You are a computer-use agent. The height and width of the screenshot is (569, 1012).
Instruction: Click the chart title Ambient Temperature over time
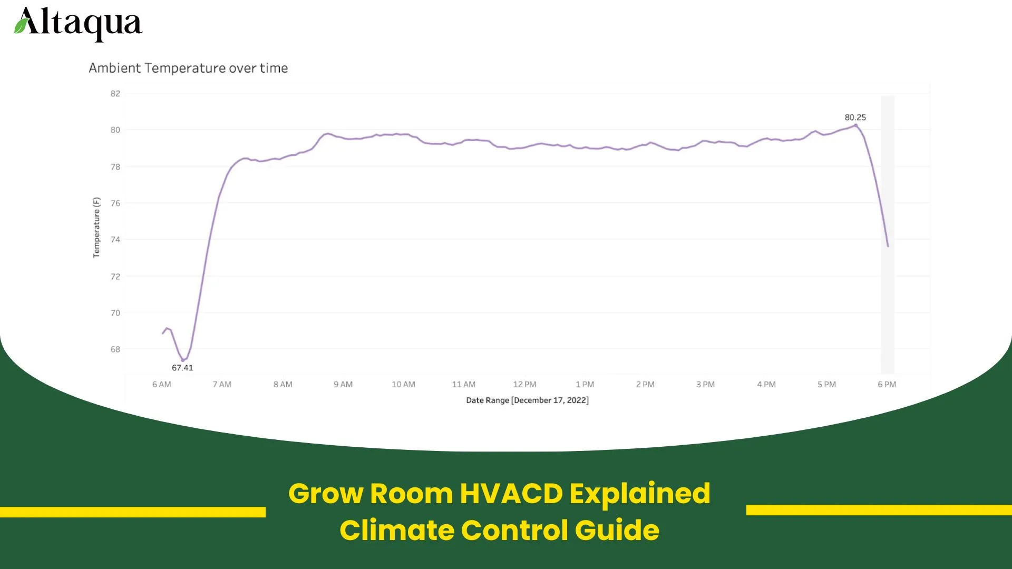tap(188, 68)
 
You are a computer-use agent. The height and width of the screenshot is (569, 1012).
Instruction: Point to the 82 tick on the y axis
tap(115, 94)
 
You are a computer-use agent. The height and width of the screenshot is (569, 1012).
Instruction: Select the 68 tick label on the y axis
tap(115, 349)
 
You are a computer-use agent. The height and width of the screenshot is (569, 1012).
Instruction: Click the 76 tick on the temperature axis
tap(115, 203)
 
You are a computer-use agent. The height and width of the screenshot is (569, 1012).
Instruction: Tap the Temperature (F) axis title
tap(96, 228)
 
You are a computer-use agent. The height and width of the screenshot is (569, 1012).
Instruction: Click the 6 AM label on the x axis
tap(162, 385)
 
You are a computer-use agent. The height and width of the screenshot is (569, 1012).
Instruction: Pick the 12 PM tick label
tap(524, 385)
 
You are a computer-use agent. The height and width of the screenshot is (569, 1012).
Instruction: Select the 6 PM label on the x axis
tap(887, 385)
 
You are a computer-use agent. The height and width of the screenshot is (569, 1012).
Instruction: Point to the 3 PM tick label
tap(705, 385)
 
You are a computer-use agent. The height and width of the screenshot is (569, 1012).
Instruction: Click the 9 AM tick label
tap(343, 385)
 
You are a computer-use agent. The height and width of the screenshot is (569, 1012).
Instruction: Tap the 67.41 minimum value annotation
tap(182, 368)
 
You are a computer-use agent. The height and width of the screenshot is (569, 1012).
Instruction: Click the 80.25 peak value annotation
tap(855, 117)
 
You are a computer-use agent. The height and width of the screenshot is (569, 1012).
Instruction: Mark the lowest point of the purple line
tap(183, 360)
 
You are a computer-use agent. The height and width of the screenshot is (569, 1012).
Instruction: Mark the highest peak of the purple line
tap(855, 125)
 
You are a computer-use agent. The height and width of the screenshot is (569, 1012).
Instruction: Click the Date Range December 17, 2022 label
tap(527, 400)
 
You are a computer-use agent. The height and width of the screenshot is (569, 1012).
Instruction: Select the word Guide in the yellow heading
tap(617, 530)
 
